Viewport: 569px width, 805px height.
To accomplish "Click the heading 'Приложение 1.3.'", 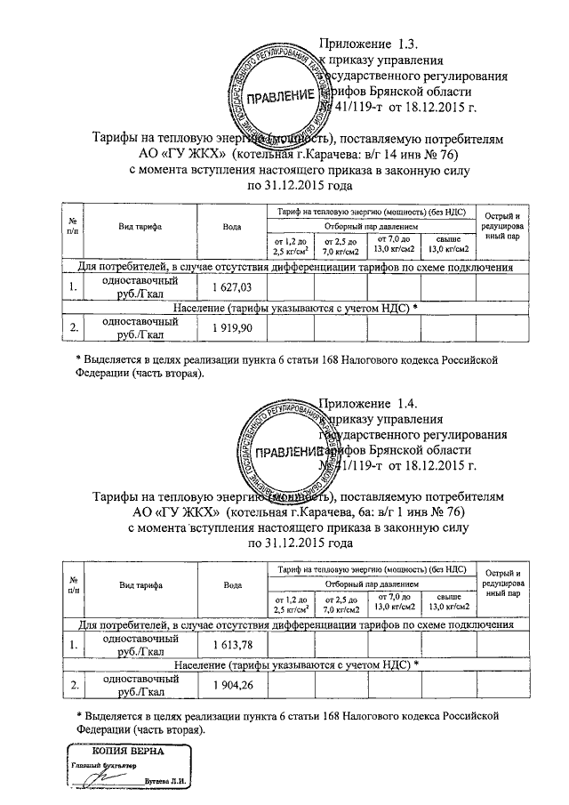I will [368, 44].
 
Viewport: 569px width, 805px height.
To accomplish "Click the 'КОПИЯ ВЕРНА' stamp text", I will [116, 751].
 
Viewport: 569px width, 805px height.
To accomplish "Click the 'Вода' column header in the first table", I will [233, 228].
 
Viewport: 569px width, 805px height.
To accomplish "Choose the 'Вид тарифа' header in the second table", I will [140, 584].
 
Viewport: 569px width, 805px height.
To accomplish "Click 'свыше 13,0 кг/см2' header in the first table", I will [448, 243].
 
